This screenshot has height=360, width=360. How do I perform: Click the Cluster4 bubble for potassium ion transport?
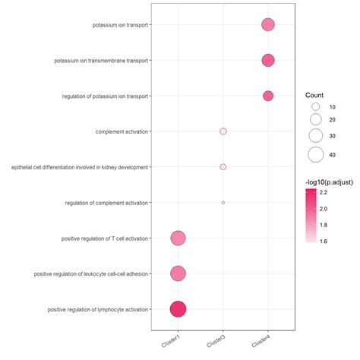coord(267,25)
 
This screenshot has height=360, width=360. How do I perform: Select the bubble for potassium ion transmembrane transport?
coord(267,61)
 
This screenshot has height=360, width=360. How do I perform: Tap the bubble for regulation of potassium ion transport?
coord(267,96)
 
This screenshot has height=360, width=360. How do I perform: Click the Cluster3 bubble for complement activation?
coord(223,131)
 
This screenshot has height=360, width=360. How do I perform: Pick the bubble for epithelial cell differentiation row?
coord(223,166)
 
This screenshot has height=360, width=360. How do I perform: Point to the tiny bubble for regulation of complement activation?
coord(223,202)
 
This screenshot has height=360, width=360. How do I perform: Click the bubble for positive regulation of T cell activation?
coord(178,238)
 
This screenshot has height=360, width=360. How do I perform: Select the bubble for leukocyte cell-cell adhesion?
coord(178,273)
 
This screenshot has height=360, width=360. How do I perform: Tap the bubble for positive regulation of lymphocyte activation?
coord(178,309)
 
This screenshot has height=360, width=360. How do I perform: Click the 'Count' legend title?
coord(314,95)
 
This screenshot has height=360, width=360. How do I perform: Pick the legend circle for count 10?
coord(316,108)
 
